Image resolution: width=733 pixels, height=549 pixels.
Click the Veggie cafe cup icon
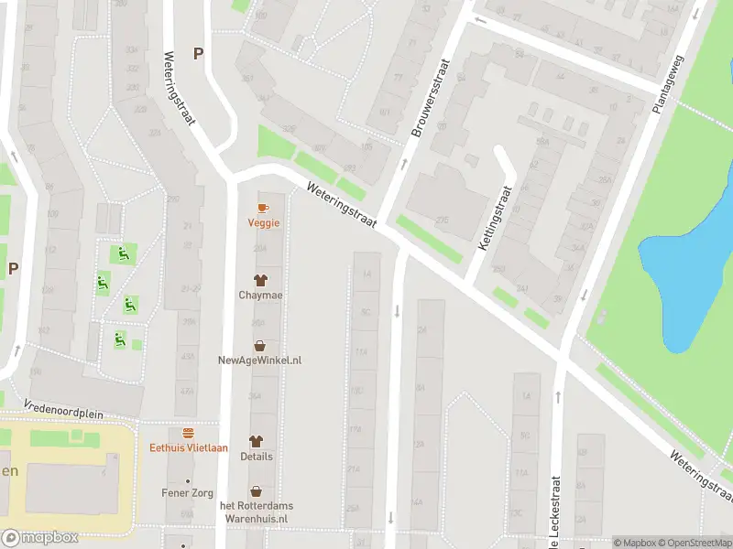pos(263,209)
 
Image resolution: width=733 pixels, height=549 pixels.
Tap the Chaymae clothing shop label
pos(260,296)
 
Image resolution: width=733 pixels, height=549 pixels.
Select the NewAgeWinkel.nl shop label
pos(260,361)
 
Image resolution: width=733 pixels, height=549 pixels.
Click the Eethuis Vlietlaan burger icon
pos(189,433)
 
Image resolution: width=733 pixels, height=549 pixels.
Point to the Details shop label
pos(256,457)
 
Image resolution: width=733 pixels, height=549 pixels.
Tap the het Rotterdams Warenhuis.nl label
pos(257,511)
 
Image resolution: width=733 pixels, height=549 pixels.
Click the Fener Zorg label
pos(189,493)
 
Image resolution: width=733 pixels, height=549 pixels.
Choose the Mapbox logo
pos(39,538)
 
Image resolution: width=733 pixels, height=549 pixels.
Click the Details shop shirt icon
pos(256,441)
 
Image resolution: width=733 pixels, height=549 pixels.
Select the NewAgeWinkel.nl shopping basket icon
pos(260,346)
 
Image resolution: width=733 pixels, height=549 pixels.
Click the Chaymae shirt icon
pos(260,280)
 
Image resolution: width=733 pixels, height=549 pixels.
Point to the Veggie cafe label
pos(263,222)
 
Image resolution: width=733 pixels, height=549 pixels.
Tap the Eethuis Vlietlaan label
pos(189,447)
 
